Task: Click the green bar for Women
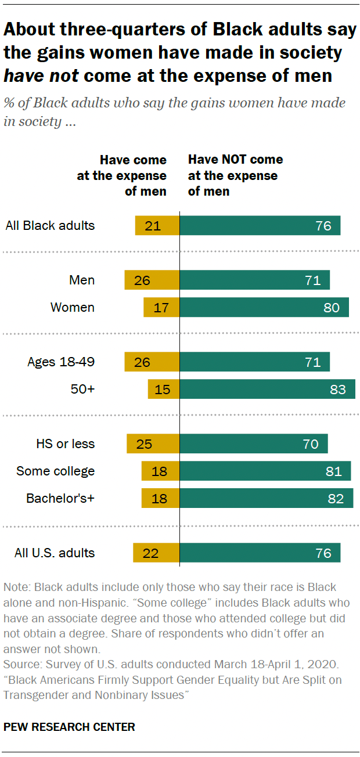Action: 264,307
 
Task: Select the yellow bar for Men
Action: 152,280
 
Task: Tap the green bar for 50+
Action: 267,389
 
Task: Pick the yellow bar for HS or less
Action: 153,444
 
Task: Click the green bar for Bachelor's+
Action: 267,498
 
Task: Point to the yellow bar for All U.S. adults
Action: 156,553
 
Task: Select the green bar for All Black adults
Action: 260,226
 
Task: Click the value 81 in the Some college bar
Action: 333,471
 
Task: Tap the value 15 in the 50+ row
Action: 163,389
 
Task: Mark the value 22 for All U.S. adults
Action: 150,553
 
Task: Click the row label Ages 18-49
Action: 61,362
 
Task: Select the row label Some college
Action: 56,471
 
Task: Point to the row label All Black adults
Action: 50,226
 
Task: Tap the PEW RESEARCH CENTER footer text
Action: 70,726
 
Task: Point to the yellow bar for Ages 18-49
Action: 152,362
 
